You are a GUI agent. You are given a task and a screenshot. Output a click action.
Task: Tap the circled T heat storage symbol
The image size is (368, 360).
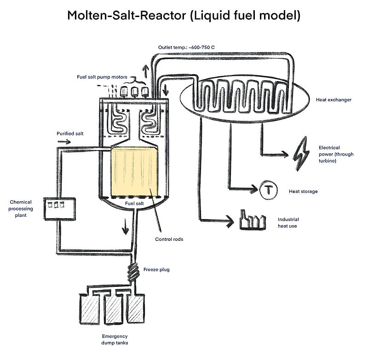point(269,190)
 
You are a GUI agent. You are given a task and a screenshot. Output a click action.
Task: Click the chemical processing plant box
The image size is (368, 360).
point(60,209)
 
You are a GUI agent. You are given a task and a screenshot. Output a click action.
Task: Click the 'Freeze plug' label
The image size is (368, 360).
point(156,270)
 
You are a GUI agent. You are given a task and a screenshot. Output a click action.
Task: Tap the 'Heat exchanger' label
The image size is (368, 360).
point(333,100)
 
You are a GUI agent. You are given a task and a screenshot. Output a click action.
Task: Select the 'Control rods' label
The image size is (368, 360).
point(169,239)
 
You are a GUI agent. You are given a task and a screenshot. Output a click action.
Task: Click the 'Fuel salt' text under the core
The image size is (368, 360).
point(134,203)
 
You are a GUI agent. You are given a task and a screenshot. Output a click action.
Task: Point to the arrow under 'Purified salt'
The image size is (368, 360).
point(64,142)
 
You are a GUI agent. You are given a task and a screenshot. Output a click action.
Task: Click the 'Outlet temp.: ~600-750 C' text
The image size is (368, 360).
point(186,47)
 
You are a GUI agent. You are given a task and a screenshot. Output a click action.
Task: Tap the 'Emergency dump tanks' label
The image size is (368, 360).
point(115,340)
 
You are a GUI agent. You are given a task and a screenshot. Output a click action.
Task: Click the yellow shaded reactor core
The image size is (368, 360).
point(134,171)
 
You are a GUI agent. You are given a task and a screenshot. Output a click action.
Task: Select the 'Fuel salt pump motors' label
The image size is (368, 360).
point(102,77)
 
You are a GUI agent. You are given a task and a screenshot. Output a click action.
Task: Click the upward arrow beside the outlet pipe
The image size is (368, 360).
point(145,71)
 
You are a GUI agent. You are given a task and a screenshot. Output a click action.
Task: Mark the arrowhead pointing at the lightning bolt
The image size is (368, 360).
point(285,154)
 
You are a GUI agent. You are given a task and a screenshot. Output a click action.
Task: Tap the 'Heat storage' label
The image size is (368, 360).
point(303,192)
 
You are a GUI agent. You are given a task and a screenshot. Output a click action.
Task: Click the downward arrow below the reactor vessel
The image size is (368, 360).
point(126,226)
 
